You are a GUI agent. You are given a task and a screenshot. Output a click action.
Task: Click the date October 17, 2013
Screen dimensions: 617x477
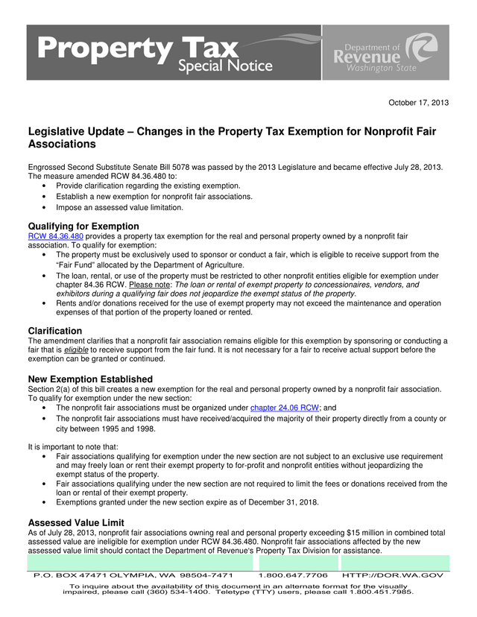point(419,102)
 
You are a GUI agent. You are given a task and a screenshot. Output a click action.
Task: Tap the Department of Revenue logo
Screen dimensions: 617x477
point(385,53)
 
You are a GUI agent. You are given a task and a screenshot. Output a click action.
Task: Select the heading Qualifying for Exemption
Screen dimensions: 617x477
point(83,226)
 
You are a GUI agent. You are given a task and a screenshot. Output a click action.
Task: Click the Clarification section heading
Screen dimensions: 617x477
point(55,331)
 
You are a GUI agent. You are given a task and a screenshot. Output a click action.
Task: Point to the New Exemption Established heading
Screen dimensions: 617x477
point(90,379)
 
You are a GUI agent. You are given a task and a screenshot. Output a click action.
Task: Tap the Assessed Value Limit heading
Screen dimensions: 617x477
point(76,522)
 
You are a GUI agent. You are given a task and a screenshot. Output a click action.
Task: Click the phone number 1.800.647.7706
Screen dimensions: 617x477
point(293,576)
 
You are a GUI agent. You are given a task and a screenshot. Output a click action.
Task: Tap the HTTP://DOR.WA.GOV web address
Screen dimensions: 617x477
point(393,576)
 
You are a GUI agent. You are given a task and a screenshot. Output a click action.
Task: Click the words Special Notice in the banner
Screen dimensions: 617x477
point(224,66)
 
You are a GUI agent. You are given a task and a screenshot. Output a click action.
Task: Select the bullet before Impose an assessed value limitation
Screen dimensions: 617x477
point(48,209)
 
